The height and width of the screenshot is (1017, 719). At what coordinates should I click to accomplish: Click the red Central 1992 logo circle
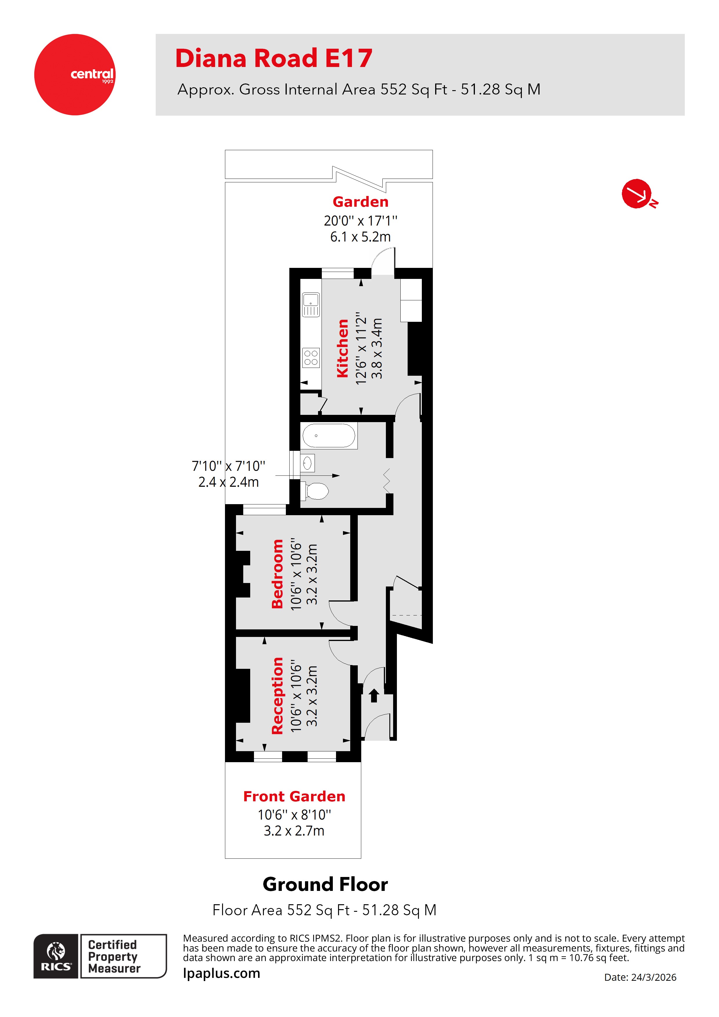[x=75, y=75]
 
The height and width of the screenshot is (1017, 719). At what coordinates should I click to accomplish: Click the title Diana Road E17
[x=273, y=59]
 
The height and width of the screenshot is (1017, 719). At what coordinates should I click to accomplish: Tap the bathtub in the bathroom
[x=328, y=436]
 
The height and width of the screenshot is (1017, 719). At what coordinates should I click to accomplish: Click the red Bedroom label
[x=277, y=574]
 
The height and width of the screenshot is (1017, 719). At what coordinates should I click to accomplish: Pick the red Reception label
[x=277, y=695]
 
